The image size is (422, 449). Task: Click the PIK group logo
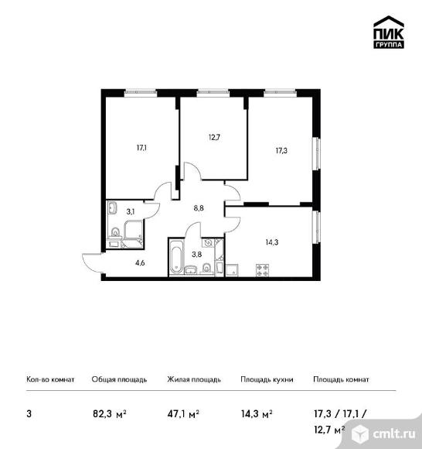(389, 32)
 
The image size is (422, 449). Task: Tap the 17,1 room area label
(141, 148)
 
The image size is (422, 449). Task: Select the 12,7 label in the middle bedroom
(214, 138)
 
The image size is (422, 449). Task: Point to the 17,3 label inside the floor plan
(281, 151)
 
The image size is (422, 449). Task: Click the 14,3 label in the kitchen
(272, 242)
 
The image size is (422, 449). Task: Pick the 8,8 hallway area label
(199, 208)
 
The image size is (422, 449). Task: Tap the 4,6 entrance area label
(140, 263)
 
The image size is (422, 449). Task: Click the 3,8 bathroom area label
(197, 254)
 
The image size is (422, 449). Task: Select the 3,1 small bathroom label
(131, 211)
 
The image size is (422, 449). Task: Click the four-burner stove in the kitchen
(263, 270)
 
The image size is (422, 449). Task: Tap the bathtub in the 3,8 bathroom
(176, 259)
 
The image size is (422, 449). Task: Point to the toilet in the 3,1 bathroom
(115, 232)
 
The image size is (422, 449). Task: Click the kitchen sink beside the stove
(233, 270)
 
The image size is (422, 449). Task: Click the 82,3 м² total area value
(110, 414)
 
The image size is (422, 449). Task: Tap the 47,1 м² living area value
(183, 414)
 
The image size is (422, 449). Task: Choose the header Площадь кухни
(267, 379)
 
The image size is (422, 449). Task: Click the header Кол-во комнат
(50, 379)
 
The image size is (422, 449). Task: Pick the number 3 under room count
(29, 414)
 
